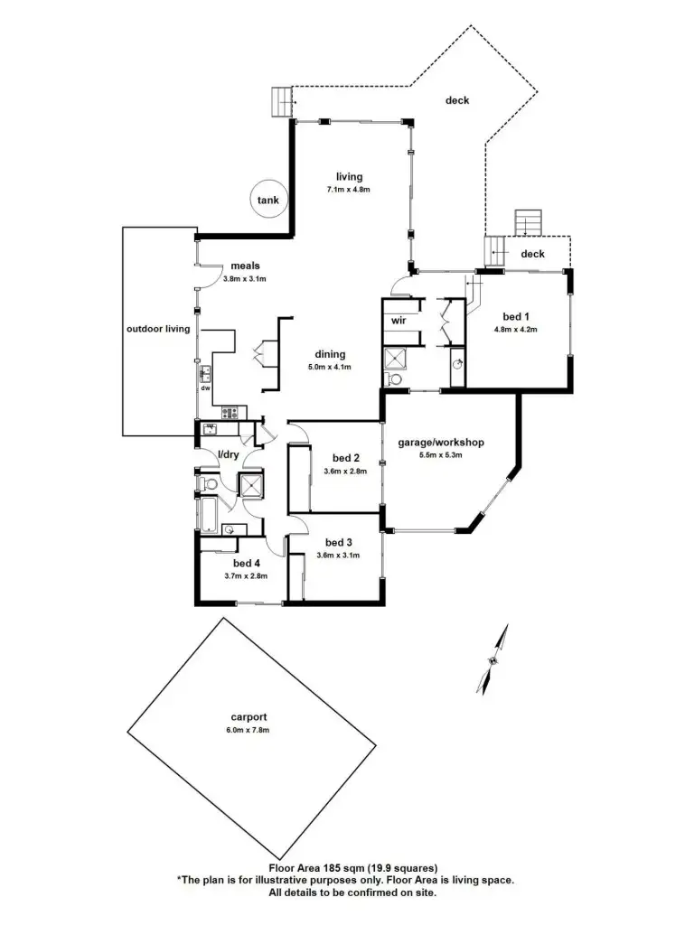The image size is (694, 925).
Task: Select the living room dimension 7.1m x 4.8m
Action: [x=349, y=190]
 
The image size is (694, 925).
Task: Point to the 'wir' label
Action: [x=399, y=321]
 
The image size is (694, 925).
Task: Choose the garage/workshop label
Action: [x=441, y=443]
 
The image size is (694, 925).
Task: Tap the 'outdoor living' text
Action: [x=158, y=329]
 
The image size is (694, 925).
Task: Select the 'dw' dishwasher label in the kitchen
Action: [x=205, y=388]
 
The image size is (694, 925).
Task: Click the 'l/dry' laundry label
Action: [x=227, y=454]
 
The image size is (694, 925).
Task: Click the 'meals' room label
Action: [x=245, y=266]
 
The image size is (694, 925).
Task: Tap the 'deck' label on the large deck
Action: [x=457, y=100]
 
